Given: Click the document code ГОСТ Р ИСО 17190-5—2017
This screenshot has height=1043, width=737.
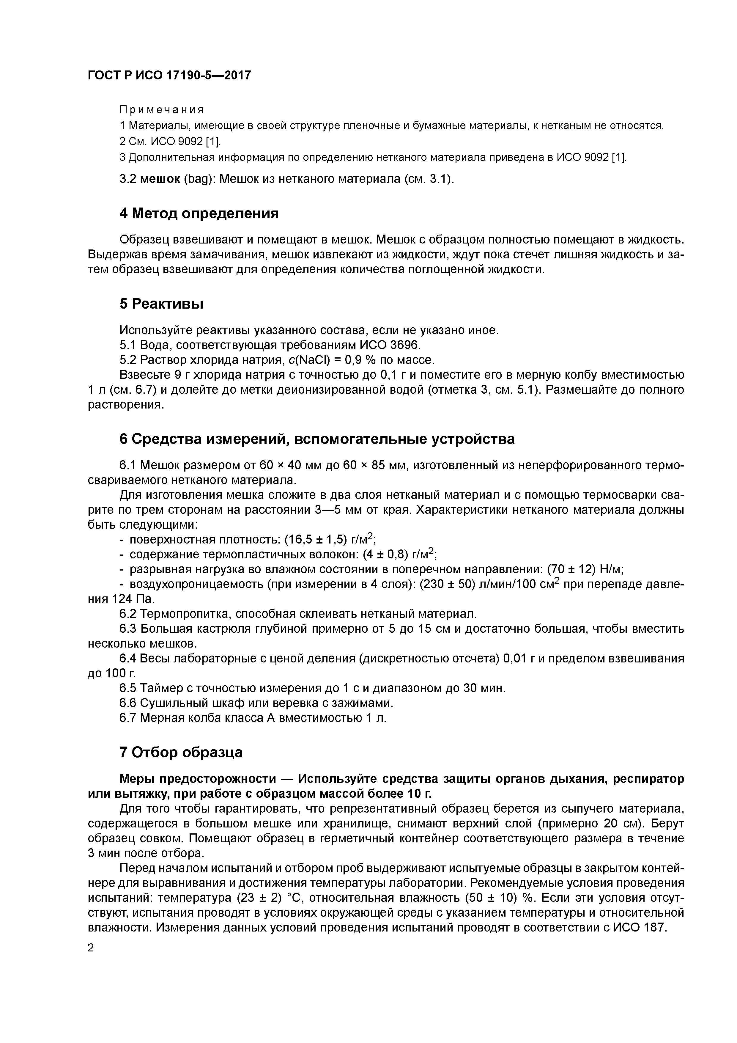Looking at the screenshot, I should (x=169, y=76).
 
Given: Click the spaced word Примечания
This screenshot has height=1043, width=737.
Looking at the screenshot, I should (x=162, y=110).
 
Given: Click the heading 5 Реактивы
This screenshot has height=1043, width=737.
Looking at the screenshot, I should (x=161, y=304).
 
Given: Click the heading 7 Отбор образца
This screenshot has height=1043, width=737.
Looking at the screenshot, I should (x=181, y=753).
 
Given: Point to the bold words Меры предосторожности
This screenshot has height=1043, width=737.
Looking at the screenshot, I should (x=198, y=779).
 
